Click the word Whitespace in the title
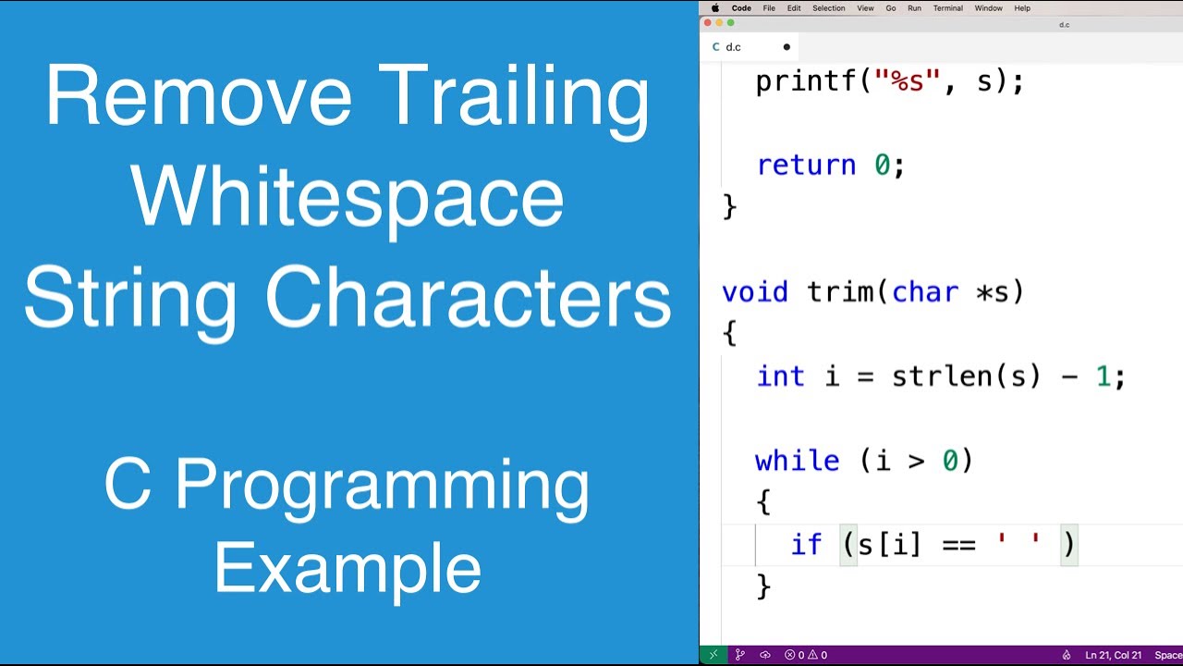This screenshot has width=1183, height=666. pyautogui.click(x=348, y=198)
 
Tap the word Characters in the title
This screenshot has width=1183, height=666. pyautogui.click(x=469, y=298)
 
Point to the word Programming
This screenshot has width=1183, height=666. pyautogui.click(x=382, y=486)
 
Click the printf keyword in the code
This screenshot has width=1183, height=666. pyautogui.click(x=806, y=81)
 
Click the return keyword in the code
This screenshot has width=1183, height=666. pyautogui.click(x=806, y=166)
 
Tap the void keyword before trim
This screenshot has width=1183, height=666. pyautogui.click(x=755, y=292)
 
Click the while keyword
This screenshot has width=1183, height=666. pyautogui.click(x=797, y=461)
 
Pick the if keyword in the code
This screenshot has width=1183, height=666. pyautogui.click(x=806, y=545)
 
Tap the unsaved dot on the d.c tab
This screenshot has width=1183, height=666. pyautogui.click(x=787, y=47)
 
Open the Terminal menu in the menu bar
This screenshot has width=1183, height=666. pyautogui.click(x=947, y=8)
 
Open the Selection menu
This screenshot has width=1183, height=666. pyautogui.click(x=828, y=8)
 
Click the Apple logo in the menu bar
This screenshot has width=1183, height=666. pyautogui.click(x=714, y=8)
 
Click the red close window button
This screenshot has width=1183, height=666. pyautogui.click(x=708, y=23)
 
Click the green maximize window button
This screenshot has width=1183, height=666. pyautogui.click(x=730, y=23)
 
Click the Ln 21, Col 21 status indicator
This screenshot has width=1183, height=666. pyautogui.click(x=1115, y=655)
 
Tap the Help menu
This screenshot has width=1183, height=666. pyautogui.click(x=1022, y=8)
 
